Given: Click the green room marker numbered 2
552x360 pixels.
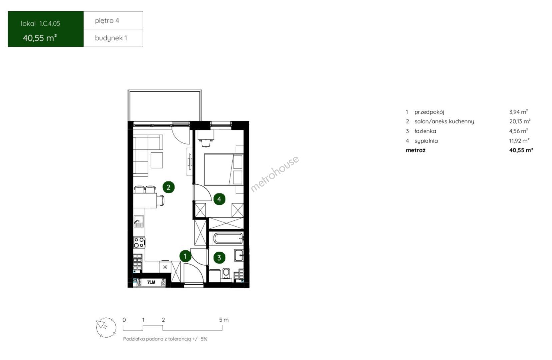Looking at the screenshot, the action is click(x=169, y=187).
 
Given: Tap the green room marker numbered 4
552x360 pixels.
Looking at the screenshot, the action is click(x=219, y=199).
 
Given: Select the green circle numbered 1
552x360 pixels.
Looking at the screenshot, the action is click(x=185, y=256).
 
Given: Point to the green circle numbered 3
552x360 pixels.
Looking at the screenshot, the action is click(x=219, y=258).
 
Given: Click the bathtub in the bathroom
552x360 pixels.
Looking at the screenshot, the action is click(x=228, y=238).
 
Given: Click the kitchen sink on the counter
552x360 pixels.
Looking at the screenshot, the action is click(x=139, y=221).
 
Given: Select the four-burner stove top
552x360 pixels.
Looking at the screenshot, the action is click(x=139, y=242).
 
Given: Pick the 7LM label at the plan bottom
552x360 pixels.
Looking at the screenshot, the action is click(x=151, y=282).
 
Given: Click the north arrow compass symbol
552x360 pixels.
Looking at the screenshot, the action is click(x=106, y=327).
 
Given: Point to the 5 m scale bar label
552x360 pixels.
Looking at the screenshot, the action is click(x=224, y=320).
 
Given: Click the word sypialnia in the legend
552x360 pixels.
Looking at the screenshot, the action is click(x=426, y=141).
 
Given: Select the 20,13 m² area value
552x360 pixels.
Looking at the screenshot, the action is click(x=520, y=121).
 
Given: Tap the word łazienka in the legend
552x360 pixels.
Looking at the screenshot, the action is click(x=425, y=131).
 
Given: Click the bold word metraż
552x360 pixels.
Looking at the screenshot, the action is click(x=416, y=150).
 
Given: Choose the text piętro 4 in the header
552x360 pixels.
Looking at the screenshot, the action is click(x=107, y=21).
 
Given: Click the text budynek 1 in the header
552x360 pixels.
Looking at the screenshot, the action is click(x=111, y=38).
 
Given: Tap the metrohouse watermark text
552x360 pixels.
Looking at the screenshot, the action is click(x=275, y=173).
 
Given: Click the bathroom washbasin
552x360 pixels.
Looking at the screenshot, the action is click(x=239, y=255).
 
